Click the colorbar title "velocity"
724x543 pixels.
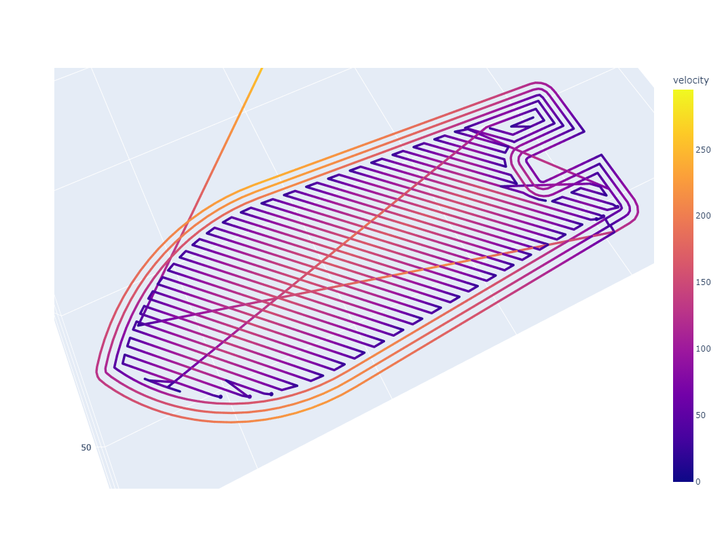pos(691,80)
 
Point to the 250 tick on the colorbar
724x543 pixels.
pos(703,149)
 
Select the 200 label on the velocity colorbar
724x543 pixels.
pos(703,216)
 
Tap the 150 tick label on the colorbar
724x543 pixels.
pos(703,282)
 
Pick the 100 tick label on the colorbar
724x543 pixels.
pos(703,349)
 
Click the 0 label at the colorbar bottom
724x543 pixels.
pos(698,482)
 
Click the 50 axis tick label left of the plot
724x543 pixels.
pos(86,447)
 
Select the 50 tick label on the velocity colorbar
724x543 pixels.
pos(701,415)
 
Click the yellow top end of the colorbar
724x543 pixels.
pos(683,92)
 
